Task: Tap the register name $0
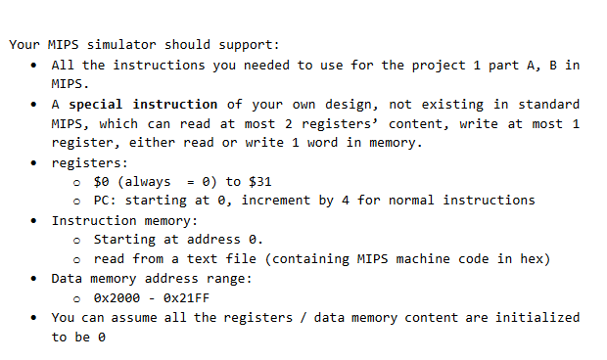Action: coord(102,181)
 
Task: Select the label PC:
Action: coord(106,201)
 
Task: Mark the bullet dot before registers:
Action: coord(35,162)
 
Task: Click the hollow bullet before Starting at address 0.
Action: coord(77,240)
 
